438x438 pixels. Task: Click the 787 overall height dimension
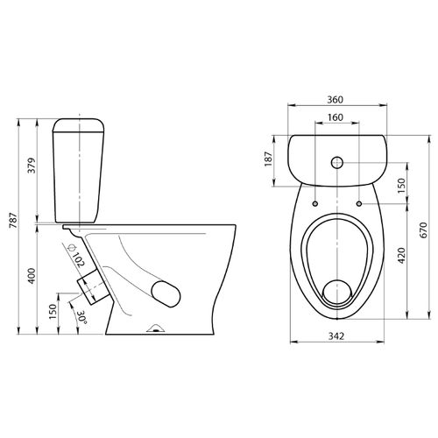click(14, 221)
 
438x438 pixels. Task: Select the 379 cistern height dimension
click(32, 166)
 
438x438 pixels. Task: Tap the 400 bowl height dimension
click(32, 276)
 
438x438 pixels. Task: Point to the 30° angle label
click(81, 318)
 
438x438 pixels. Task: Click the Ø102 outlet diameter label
click(75, 256)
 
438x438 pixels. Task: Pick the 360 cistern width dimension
click(335, 100)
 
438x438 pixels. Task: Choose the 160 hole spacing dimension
click(336, 117)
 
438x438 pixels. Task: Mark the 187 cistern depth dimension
click(268, 159)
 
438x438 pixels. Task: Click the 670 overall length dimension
click(424, 230)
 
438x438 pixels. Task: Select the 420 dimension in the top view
click(402, 256)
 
